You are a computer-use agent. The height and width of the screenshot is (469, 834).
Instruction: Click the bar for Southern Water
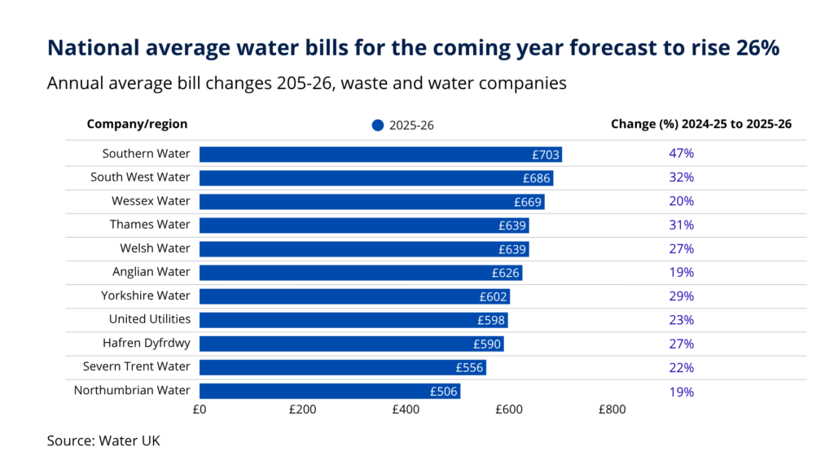pyautogui.click(x=380, y=155)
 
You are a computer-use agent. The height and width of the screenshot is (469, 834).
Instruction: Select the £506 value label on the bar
pyautogui.click(x=445, y=391)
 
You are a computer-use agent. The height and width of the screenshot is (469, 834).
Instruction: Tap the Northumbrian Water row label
pyautogui.click(x=132, y=391)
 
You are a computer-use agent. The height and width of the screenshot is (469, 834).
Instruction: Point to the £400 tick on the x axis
pyautogui.click(x=406, y=410)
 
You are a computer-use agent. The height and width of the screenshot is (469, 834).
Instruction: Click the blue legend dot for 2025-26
pyautogui.click(x=377, y=125)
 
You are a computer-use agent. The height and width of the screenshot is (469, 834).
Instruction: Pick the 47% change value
pyautogui.click(x=681, y=154)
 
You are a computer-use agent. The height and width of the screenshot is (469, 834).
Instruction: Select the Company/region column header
pyautogui.click(x=137, y=125)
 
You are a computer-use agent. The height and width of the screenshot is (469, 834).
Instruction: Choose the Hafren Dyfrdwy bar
pyautogui.click(x=351, y=344)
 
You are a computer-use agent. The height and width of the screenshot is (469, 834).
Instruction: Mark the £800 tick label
pyautogui.click(x=612, y=410)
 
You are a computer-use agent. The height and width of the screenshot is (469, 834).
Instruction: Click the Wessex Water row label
pyautogui.click(x=151, y=201)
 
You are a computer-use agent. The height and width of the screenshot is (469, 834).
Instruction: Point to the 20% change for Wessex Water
pyautogui.click(x=681, y=201)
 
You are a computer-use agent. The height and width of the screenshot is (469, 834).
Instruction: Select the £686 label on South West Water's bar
pyautogui.click(x=537, y=178)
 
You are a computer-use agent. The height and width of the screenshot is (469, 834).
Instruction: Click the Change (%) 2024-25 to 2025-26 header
pyautogui.click(x=701, y=125)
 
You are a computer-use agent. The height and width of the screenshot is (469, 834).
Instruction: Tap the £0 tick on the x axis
pyautogui.click(x=200, y=410)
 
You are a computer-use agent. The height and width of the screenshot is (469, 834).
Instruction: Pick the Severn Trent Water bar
pyautogui.click(x=342, y=367)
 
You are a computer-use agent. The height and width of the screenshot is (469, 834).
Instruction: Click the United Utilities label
pyautogui.click(x=150, y=319)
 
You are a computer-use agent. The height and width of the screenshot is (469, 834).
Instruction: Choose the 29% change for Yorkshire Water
pyautogui.click(x=681, y=296)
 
